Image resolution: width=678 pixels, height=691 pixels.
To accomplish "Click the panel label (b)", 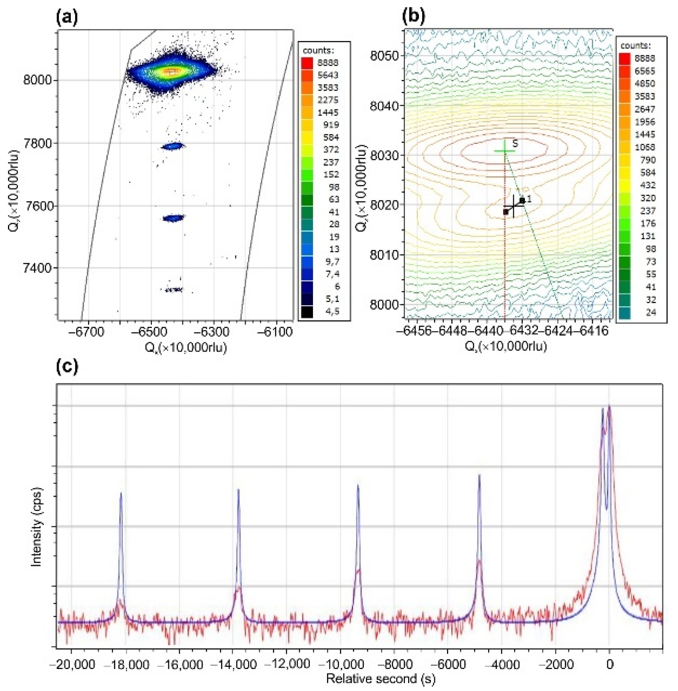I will click(413, 16).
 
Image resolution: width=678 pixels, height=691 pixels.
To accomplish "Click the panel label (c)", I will click(67, 366).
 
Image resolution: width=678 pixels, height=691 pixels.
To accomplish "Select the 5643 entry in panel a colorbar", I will click(327, 75).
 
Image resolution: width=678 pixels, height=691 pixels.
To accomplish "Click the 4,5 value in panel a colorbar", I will click(332, 311).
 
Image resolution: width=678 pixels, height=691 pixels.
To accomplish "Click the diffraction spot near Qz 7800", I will click(172, 146).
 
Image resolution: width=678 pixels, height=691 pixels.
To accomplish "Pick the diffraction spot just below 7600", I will click(173, 218).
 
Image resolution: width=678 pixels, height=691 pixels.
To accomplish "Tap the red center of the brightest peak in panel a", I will click(171, 72).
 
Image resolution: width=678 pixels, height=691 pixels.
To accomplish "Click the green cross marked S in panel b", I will click(505, 151).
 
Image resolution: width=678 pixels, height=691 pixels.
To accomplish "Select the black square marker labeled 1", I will click(522, 200).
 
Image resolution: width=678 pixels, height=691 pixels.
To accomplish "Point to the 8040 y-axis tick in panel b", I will click(384, 106).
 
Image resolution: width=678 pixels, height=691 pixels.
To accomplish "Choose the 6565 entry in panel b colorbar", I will click(644, 71).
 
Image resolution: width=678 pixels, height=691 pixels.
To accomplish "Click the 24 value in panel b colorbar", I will click(650, 312).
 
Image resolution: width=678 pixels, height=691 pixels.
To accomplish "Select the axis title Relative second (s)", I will click(381, 679).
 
